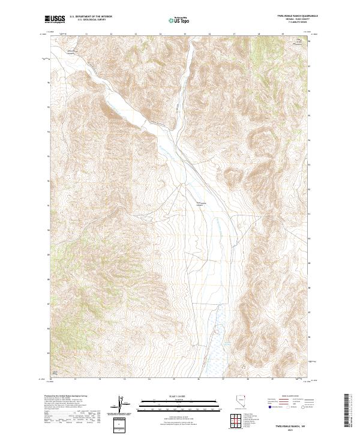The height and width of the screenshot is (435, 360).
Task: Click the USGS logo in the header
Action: (x=55, y=20)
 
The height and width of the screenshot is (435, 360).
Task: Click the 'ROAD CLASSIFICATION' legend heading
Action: (x=289, y=397)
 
